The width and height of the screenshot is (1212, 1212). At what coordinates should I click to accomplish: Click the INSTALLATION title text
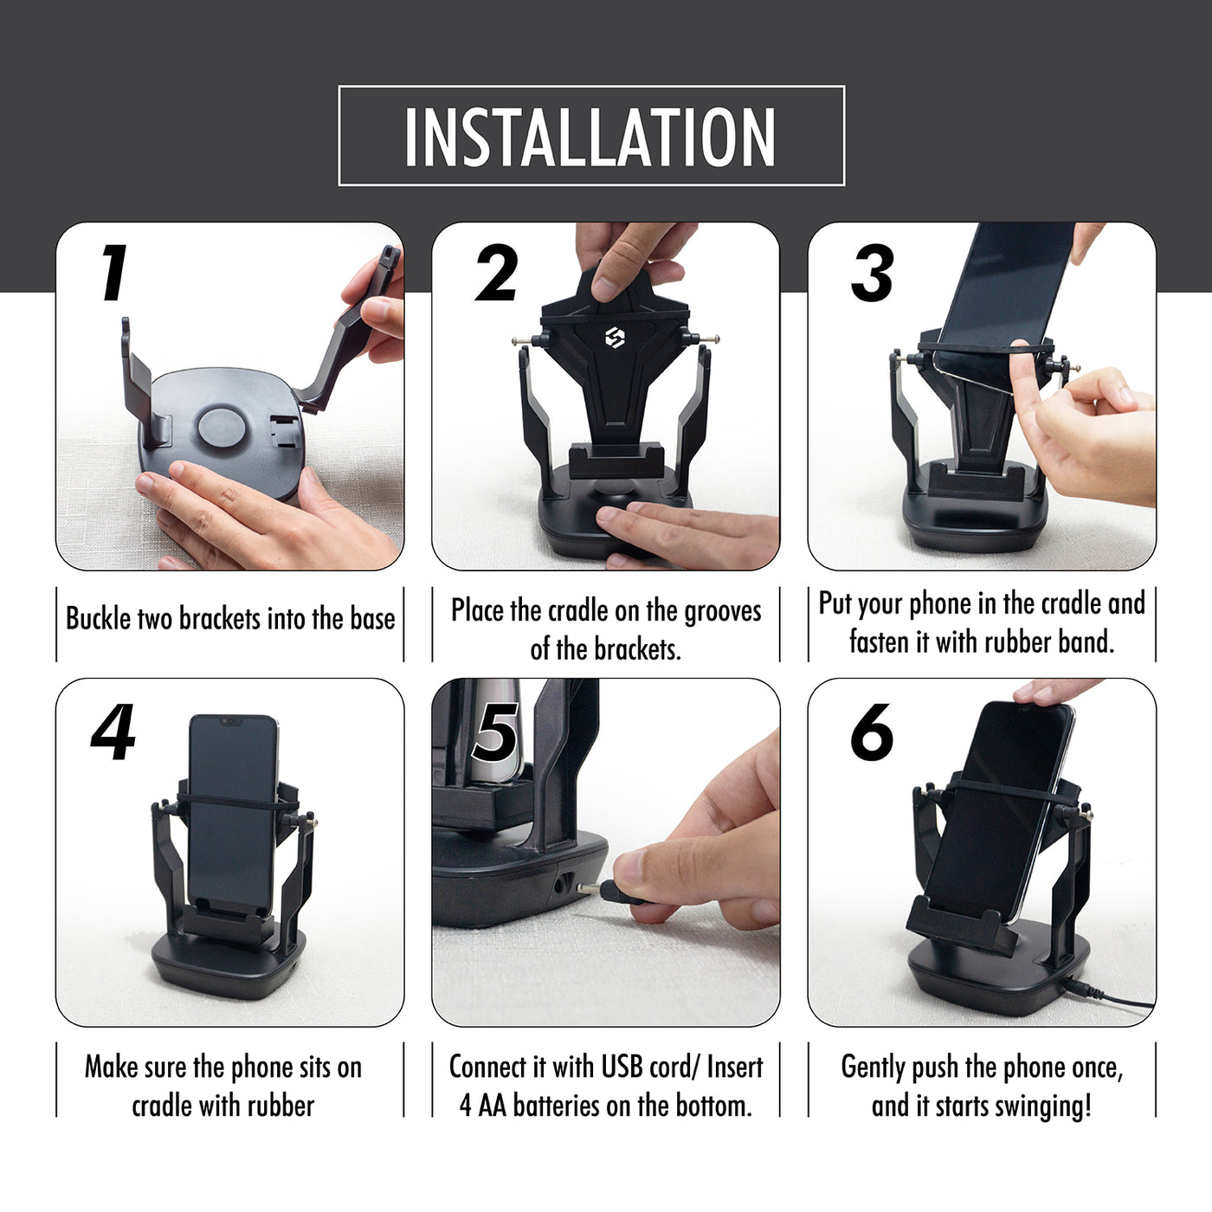coord(590,137)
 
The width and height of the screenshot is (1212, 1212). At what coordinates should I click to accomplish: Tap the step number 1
coord(113,273)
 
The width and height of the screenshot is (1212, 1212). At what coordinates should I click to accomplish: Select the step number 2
coord(496,274)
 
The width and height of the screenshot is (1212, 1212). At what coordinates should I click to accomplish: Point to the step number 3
coord(872,274)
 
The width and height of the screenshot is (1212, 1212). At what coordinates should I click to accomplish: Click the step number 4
coord(113,732)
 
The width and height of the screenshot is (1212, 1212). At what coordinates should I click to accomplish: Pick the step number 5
coord(494,732)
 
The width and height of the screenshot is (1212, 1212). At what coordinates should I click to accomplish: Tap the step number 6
coord(872,732)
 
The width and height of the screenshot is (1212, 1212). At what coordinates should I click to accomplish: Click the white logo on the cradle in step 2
coord(615,338)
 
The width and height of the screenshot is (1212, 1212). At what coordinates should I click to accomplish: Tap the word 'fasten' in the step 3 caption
coord(878,642)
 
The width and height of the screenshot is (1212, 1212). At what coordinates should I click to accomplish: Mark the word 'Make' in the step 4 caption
coord(111,1067)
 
